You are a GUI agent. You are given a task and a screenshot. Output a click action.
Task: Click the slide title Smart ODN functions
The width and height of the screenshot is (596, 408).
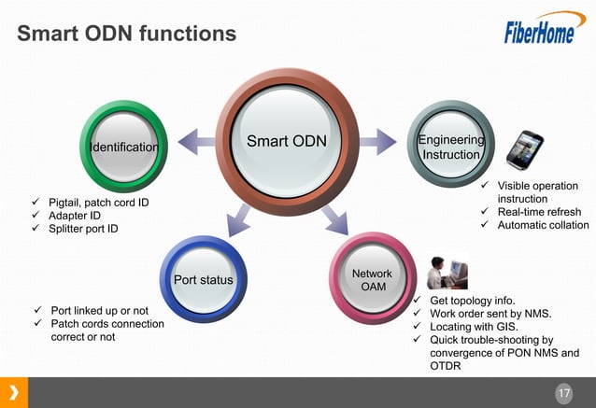(x=127, y=35)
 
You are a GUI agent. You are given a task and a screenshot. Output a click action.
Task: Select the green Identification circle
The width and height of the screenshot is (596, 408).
(x=123, y=147)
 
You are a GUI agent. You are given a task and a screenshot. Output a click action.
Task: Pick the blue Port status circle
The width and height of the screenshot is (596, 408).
(x=204, y=279)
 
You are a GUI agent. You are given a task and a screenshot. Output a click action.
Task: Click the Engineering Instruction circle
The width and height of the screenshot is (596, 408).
(x=451, y=147)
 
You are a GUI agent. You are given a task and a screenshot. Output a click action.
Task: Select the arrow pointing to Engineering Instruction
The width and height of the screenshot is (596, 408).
(x=377, y=142)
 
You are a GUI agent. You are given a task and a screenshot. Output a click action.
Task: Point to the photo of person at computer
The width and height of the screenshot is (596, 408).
(x=447, y=273)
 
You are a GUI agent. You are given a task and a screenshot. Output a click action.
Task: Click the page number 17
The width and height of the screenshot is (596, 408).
(x=563, y=393)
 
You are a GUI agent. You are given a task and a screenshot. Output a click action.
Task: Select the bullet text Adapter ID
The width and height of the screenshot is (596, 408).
(x=75, y=216)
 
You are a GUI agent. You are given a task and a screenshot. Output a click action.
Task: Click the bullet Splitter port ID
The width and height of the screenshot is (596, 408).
(x=84, y=230)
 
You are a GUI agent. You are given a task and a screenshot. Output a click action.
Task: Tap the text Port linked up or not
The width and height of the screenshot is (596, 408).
(x=99, y=310)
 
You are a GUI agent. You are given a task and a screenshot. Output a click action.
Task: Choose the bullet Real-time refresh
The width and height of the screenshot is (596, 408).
(x=538, y=212)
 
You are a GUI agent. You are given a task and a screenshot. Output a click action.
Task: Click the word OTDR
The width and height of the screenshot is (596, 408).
(x=447, y=367)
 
